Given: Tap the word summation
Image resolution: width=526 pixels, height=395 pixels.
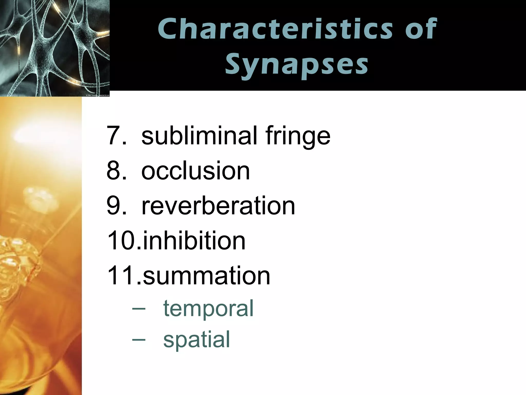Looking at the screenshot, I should coord(206,276).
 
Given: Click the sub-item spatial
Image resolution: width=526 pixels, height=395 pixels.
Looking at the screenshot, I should coord(196,339).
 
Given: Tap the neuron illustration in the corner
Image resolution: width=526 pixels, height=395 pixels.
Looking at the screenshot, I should coord(54,46).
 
